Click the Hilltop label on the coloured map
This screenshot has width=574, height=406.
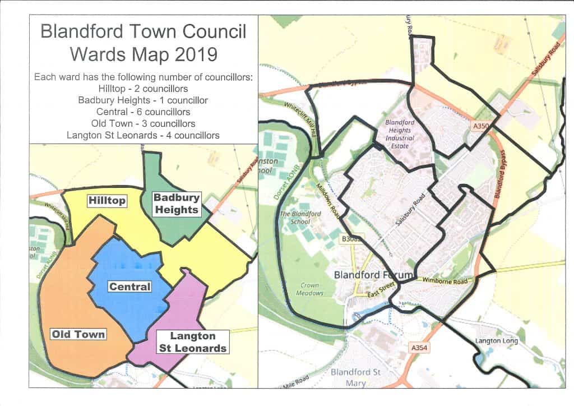(x=107, y=200)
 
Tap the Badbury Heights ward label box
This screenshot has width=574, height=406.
(x=177, y=204)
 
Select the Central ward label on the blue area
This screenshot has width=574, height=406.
(x=129, y=287)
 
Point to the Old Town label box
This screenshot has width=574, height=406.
(x=78, y=334)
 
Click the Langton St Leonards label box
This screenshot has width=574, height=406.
(x=192, y=342)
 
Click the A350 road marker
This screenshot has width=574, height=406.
(x=481, y=127)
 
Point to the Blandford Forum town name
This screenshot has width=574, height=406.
(x=373, y=275)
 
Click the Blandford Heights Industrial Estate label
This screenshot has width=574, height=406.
(x=400, y=134)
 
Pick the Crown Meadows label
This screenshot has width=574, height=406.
(x=309, y=289)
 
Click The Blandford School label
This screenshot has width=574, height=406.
(x=300, y=217)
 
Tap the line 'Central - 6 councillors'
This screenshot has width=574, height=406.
(x=143, y=112)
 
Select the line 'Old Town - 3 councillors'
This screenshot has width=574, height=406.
(x=143, y=123)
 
